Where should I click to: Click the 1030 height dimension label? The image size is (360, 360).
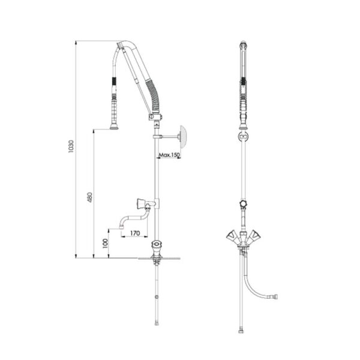(71, 146)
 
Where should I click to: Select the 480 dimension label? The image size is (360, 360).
(90, 197)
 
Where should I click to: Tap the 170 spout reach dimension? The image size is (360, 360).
(135, 233)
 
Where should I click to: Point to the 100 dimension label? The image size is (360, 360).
(105, 243)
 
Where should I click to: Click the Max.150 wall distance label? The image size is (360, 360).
(169, 155)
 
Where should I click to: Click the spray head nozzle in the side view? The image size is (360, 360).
(114, 127)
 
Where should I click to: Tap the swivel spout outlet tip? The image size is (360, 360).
(121, 227)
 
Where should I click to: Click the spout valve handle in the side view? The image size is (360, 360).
(140, 203)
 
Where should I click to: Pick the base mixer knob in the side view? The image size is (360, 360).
(157, 244)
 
